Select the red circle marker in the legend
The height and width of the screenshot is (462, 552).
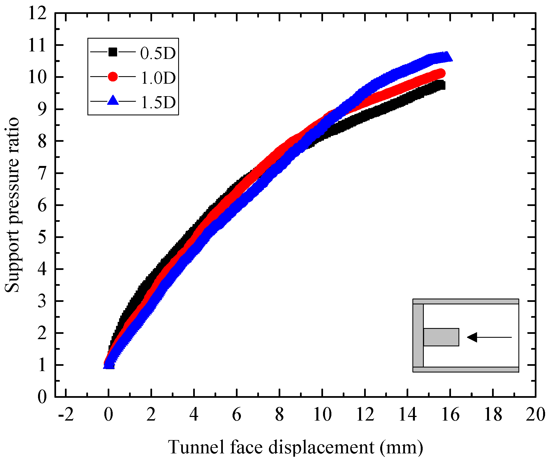(113, 76)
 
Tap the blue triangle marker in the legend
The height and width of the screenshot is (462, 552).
(113, 101)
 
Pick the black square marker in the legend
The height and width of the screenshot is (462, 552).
(113, 52)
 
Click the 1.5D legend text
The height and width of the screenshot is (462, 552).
(158, 102)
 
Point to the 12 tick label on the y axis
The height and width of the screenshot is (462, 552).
(38, 13)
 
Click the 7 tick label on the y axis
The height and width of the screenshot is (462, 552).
(42, 173)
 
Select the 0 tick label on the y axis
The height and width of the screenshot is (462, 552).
(42, 397)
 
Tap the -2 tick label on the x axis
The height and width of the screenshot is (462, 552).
(66, 415)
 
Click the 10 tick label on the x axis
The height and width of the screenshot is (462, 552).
(322, 415)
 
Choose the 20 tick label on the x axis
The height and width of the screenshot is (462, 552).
(535, 415)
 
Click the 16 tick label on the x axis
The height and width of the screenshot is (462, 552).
(450, 415)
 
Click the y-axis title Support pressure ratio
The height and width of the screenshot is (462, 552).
(12, 205)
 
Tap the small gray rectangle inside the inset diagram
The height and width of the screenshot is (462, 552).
(441, 337)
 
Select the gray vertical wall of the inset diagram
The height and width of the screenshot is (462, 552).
(418, 336)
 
